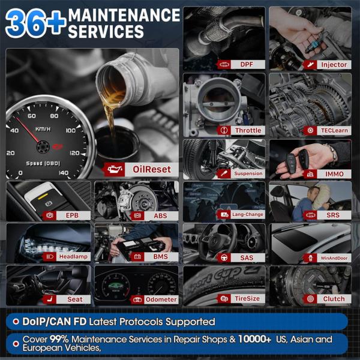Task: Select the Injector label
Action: click(334, 64)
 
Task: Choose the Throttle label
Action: click(248, 130)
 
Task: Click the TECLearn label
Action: click(334, 130)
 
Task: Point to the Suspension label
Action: click(248, 173)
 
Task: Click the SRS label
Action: click(334, 214)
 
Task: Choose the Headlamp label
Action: click(73, 257)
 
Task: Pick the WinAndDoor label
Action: click(334, 257)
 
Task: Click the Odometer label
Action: click(160, 299)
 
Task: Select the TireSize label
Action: click(247, 299)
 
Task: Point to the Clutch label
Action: click(334, 299)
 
